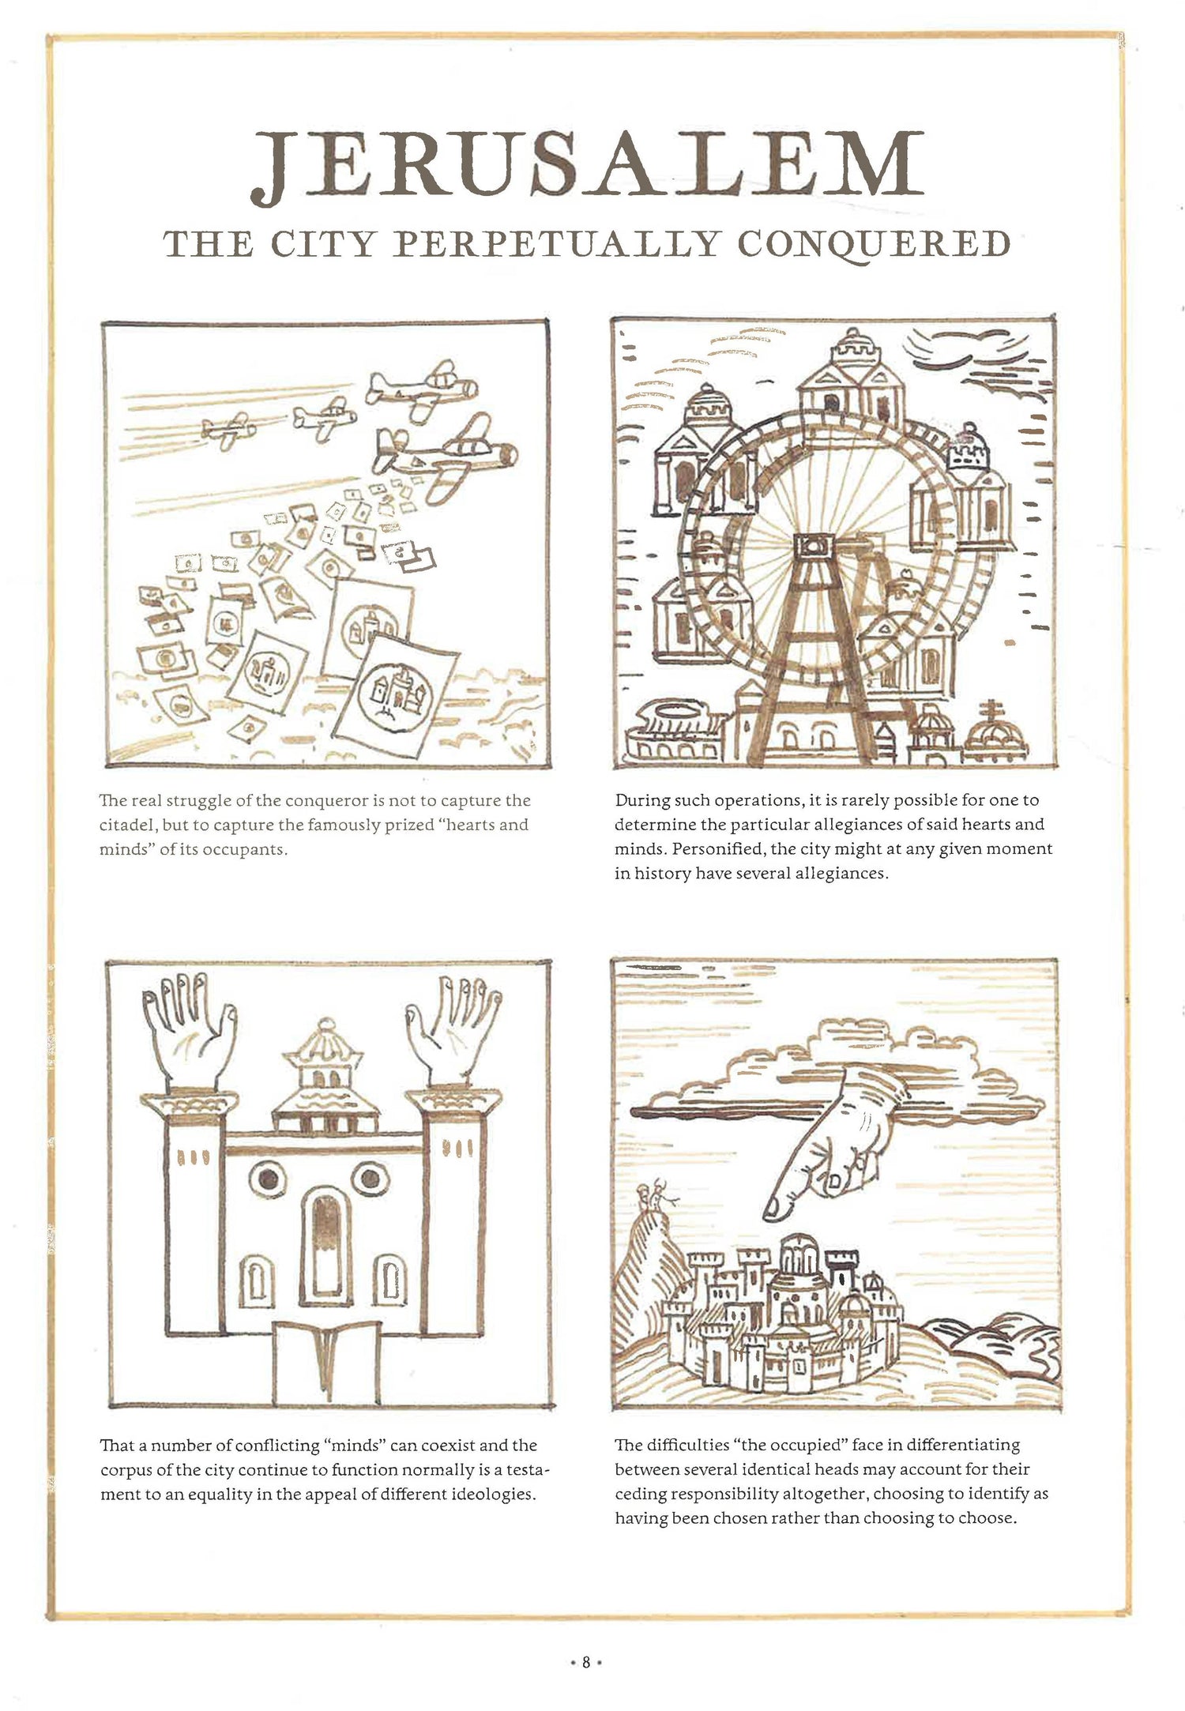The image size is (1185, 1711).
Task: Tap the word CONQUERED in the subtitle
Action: pyautogui.click(x=874, y=244)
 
